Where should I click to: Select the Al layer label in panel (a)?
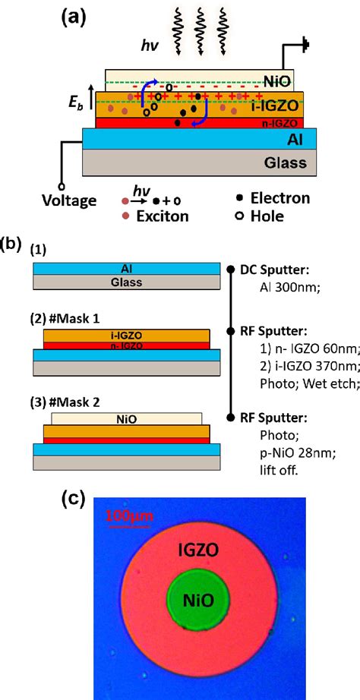tap(295, 139)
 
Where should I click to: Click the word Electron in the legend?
tap(279, 199)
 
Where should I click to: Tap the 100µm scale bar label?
tap(128, 517)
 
